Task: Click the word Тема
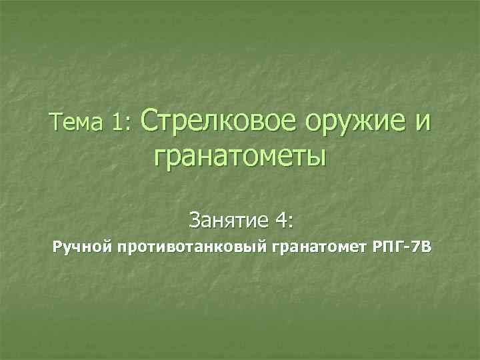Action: pos(75,123)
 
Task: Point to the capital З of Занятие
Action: pos(195,218)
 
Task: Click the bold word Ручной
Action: pos(83,249)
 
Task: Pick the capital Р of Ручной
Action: pos(58,249)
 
